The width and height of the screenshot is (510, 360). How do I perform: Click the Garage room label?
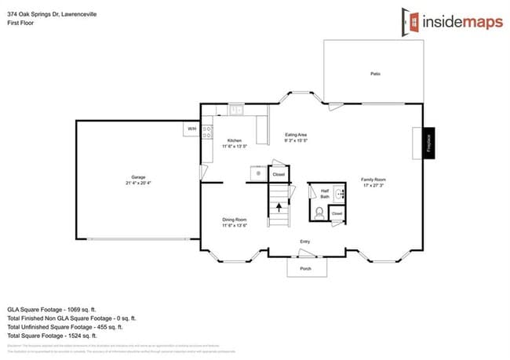[138, 176]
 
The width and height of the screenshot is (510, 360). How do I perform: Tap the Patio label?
[376, 74]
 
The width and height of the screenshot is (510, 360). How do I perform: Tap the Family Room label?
[373, 180]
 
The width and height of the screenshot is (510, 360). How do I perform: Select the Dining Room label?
[235, 220]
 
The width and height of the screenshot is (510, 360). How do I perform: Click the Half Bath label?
[324, 193]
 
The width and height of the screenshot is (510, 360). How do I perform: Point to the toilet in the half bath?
[320, 212]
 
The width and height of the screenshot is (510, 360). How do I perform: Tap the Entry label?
[304, 242]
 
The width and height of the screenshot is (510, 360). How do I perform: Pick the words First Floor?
[20, 23]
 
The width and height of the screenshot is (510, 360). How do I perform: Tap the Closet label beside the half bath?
[337, 213]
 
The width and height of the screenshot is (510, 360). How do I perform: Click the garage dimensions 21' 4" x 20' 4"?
[138, 183]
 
